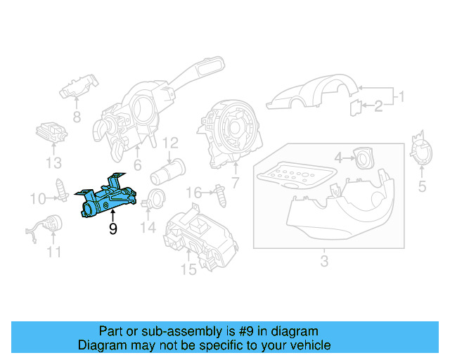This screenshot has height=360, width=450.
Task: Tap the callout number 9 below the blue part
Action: (112, 229)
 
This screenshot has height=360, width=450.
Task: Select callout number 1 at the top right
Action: (401, 96)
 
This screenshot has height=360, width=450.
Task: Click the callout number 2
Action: (378, 106)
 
